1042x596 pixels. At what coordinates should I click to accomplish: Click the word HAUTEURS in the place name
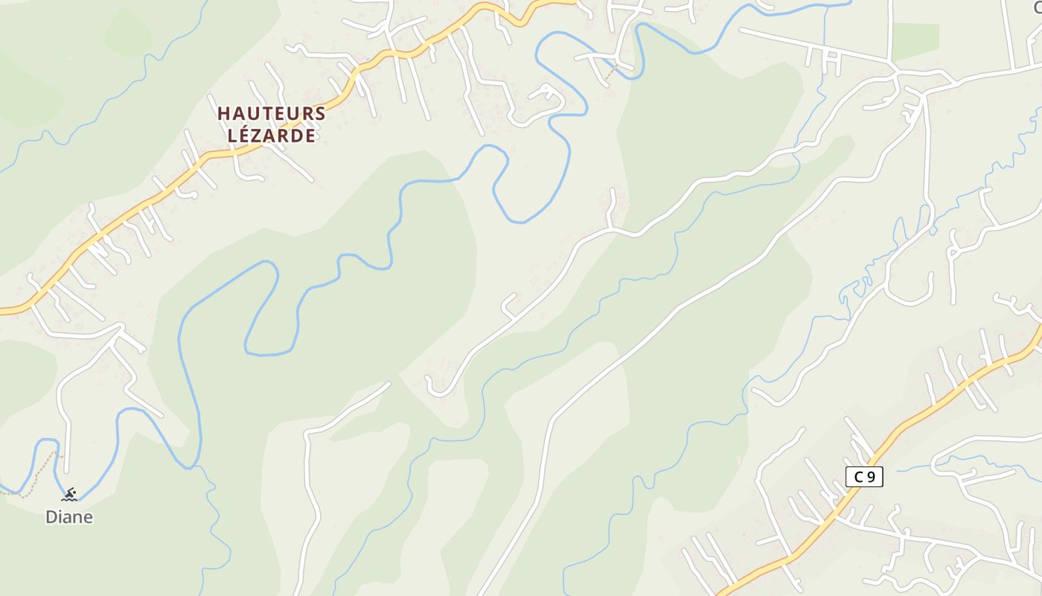pos(272,114)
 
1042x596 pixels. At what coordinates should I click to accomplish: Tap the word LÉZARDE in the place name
pos(272,136)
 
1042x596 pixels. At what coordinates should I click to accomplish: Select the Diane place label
pos(69,517)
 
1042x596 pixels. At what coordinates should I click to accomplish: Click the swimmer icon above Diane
pos(69,495)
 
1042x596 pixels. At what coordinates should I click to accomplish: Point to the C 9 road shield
pos(864,477)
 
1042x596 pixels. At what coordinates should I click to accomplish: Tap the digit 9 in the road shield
pos(871,477)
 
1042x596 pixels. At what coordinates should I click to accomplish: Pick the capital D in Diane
pos(51,517)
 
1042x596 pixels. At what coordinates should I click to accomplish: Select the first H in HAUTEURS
pos(223,114)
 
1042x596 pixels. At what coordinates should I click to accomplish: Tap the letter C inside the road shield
pos(857,477)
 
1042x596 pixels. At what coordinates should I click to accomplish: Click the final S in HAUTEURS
pos(320,114)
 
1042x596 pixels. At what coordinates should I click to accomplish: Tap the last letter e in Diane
pos(87,517)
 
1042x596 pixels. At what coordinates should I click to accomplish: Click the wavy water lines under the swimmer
pos(69,499)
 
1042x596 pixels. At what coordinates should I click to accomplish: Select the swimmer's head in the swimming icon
pos(73,490)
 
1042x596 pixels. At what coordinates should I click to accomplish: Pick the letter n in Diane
pos(77,517)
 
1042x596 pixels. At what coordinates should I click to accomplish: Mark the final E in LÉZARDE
pos(310,136)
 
